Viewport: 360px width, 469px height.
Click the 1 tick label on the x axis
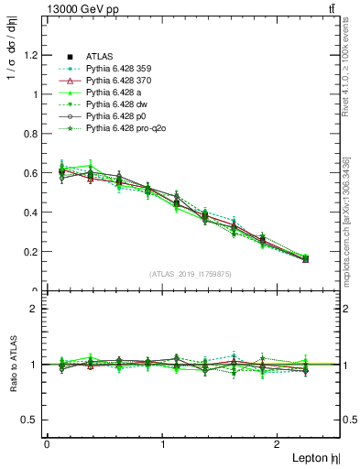click(163, 444)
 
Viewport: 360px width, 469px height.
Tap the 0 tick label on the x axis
click(47, 444)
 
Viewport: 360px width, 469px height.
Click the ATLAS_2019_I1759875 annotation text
click(191, 273)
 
